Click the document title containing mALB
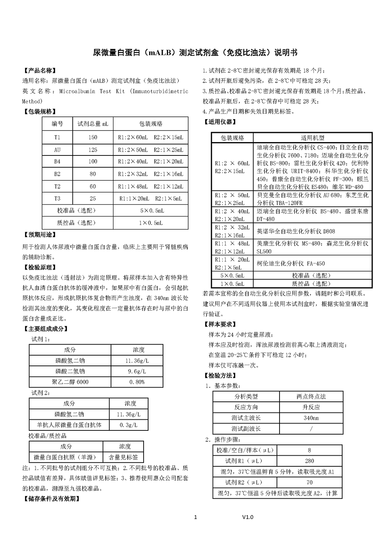pos(195,53)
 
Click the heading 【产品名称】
pos(40,71)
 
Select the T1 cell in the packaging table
pos(57,137)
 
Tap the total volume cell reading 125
pos(93,150)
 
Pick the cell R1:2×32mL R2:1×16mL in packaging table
pos(150,174)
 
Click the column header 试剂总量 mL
pos(93,124)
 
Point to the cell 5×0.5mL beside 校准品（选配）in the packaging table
pos(150,211)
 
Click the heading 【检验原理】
pos(40,267)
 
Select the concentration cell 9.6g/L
pos(137,371)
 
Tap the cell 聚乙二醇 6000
pos(70,382)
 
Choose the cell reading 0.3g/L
pos(128,425)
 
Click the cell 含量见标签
pos(123,457)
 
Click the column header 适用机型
pos(312,138)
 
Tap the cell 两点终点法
pos(311,396)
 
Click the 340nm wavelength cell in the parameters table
pos(311,418)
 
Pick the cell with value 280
pos(309,461)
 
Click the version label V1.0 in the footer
pos(247,517)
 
